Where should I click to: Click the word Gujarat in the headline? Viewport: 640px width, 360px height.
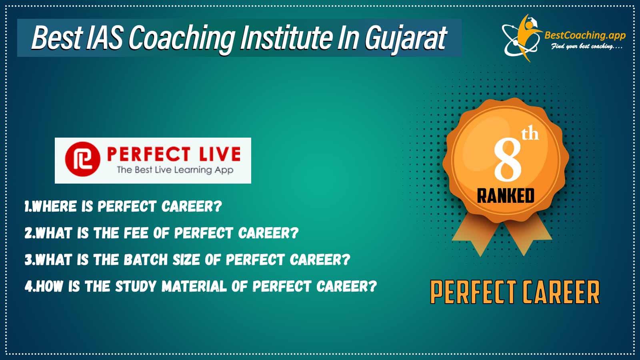point(406,38)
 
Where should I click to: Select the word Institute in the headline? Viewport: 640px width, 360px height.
point(286,37)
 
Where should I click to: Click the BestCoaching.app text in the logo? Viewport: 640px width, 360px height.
point(585,36)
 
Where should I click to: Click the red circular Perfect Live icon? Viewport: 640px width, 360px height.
point(82,159)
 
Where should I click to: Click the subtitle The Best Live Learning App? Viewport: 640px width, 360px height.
point(175,170)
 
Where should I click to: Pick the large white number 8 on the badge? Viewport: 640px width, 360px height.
point(508,160)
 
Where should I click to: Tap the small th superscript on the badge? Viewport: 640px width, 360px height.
point(530,134)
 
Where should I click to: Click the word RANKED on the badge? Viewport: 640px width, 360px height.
point(506,196)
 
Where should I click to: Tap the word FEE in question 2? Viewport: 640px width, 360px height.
point(136,233)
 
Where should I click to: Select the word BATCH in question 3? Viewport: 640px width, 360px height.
point(146,260)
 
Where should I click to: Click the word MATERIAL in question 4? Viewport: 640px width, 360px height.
point(194,286)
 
